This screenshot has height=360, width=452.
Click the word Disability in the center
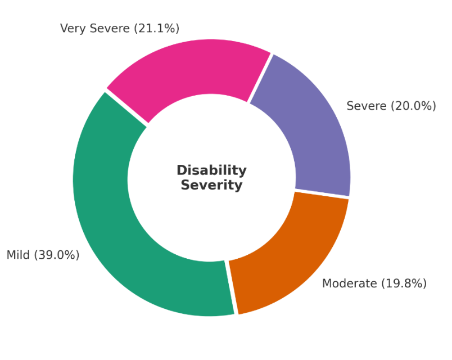click(x=211, y=170)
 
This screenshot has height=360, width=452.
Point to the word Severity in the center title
click(x=211, y=185)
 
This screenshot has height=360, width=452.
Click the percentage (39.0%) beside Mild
click(x=57, y=255)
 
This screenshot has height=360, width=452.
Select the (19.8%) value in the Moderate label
click(x=404, y=283)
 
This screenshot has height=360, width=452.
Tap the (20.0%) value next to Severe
click(x=413, y=106)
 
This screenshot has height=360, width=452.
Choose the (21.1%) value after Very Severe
click(x=156, y=28)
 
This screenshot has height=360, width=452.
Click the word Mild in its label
click(x=19, y=255)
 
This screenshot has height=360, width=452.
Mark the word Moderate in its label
click(x=349, y=283)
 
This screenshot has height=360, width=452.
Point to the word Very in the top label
click(x=71, y=28)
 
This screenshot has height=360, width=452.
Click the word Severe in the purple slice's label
click(x=367, y=106)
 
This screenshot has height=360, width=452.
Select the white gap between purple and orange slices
click(x=322, y=194)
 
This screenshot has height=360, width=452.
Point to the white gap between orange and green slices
click(x=232, y=287)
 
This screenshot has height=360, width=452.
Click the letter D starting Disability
click(x=181, y=170)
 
